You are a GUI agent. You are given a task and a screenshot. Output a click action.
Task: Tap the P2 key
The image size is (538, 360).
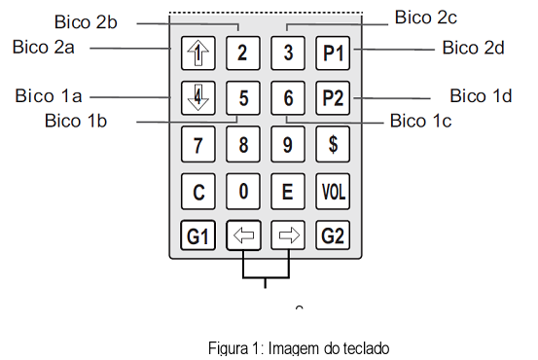(x=333, y=98)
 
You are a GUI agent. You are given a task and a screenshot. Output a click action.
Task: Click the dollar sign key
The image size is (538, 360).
(x=333, y=144)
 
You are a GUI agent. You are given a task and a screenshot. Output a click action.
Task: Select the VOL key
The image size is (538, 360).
(x=333, y=191)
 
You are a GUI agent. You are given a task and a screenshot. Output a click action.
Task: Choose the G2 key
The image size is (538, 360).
(x=333, y=235)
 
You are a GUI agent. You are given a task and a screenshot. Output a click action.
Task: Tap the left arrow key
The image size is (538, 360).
(x=243, y=235)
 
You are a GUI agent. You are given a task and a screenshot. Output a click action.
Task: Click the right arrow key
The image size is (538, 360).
(x=288, y=235)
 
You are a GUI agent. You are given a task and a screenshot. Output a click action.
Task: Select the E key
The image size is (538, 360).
(x=288, y=191)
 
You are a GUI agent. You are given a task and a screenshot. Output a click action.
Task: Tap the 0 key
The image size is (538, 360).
(x=243, y=191)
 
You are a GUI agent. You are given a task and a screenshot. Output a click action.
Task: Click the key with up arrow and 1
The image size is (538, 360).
(x=198, y=54)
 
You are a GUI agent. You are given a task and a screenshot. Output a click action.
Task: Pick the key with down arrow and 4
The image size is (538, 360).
(x=198, y=98)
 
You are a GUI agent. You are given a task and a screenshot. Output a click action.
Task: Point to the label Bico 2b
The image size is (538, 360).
(x=86, y=22)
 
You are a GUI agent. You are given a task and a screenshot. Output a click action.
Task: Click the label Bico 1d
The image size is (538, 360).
(x=481, y=95)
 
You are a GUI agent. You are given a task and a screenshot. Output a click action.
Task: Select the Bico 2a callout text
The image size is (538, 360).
(x=43, y=47)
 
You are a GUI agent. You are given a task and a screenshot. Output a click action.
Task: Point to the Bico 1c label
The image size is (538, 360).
(x=420, y=121)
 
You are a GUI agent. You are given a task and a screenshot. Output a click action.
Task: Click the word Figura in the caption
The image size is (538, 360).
(x=229, y=348)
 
